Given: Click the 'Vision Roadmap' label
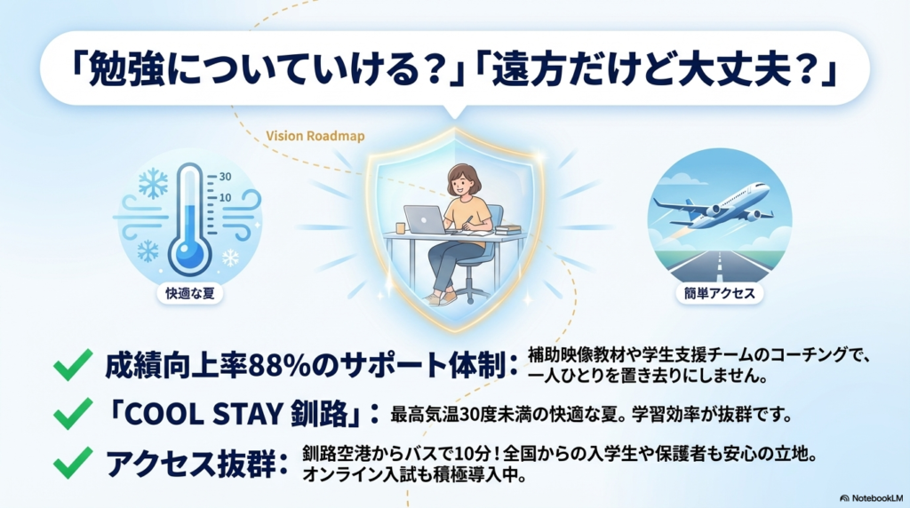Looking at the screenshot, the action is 315,136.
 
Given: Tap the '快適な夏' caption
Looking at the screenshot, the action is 190,293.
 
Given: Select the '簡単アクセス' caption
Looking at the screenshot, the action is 719,293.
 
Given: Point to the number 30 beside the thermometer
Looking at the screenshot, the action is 225,177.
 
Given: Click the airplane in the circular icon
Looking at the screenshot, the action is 714,206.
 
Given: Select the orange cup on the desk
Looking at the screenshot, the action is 401,228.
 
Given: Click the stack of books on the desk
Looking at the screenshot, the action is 507,230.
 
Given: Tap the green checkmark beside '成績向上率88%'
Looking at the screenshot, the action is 73,365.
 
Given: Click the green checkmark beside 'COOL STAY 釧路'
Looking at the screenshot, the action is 73,414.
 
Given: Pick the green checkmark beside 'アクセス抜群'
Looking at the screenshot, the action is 73,462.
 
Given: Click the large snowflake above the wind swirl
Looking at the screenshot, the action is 153,183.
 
